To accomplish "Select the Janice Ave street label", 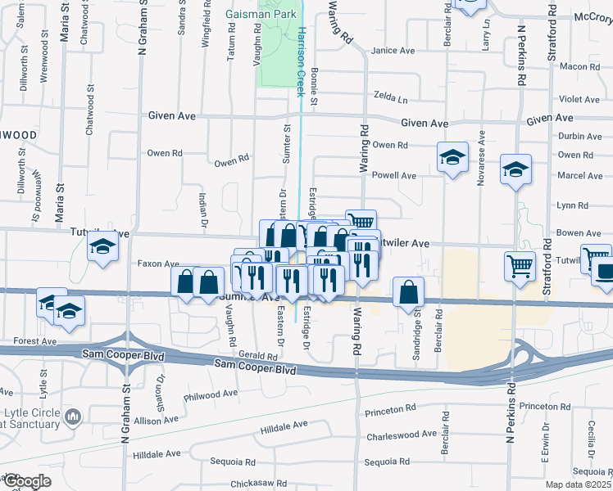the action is (x=393, y=51).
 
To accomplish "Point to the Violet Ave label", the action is (x=579, y=100).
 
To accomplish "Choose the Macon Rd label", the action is (x=581, y=67).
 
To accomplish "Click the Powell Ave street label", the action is (x=394, y=176).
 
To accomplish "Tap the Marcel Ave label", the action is (x=579, y=176).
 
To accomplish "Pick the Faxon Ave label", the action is (x=158, y=264).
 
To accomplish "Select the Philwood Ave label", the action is (x=211, y=394).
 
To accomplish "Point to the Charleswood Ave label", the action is (x=402, y=435).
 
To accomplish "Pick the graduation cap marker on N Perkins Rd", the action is (x=515, y=170).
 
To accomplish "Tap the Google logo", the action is (x=26, y=482).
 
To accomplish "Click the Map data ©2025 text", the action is (x=578, y=484).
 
